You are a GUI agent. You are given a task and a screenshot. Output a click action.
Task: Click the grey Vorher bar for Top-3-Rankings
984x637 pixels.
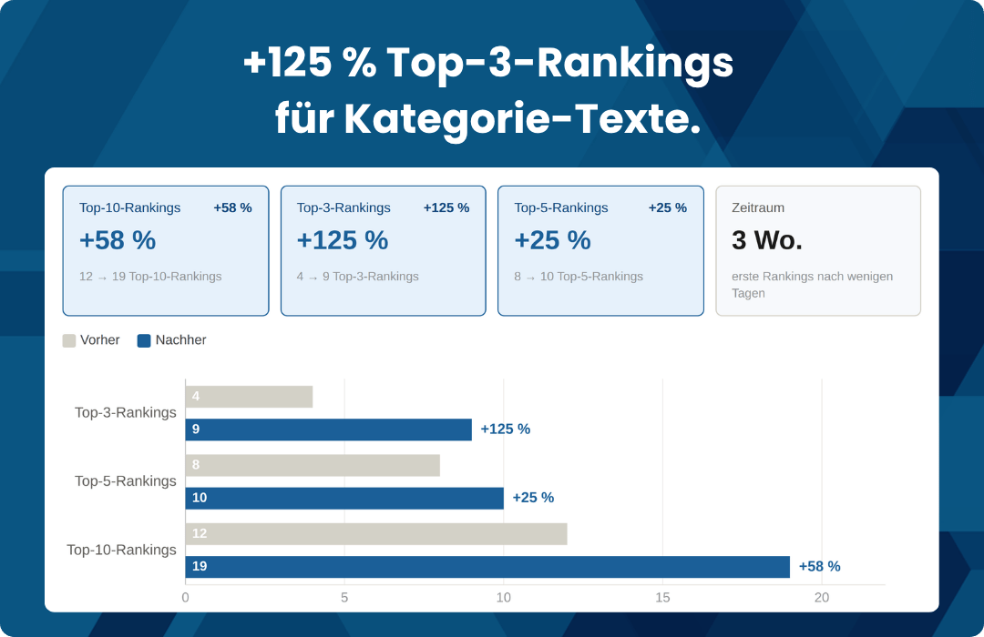tap(249, 397)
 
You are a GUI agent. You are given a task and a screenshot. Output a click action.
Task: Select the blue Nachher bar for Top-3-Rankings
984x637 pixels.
tap(328, 430)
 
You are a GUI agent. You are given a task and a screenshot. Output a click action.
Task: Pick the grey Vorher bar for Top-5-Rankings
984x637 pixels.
tap(313, 465)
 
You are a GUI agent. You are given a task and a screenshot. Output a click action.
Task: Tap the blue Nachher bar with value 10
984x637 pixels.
tap(344, 498)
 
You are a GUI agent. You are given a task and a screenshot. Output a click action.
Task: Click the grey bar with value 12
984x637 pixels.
tap(375, 534)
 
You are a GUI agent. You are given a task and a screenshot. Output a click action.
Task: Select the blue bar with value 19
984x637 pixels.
tap(487, 567)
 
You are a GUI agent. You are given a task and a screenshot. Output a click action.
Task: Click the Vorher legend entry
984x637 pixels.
tap(91, 340)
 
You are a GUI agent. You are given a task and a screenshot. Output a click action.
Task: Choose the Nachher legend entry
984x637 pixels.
tap(171, 340)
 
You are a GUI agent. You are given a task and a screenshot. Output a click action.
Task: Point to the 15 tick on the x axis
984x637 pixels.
tap(662, 598)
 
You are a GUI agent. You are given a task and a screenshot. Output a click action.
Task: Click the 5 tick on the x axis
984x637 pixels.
tap(344, 598)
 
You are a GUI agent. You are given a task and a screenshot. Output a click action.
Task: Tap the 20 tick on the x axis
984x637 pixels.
tap(822, 598)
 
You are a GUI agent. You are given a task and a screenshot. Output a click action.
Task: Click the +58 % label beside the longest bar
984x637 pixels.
tap(819, 567)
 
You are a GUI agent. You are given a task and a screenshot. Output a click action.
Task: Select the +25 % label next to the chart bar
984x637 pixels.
tap(533, 498)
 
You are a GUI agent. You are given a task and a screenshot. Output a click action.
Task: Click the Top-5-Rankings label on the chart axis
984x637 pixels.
tap(126, 481)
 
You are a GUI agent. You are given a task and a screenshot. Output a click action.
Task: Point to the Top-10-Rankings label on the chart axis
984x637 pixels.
tap(122, 551)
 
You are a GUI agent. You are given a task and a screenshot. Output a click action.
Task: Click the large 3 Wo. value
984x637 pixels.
tap(767, 240)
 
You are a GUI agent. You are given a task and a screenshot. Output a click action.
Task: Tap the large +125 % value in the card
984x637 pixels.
tap(343, 240)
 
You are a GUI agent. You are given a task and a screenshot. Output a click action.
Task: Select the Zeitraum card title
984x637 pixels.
tap(758, 207)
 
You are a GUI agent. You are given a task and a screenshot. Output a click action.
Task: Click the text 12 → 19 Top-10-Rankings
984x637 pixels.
tap(150, 277)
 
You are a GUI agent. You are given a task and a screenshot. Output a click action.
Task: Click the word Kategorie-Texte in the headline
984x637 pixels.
tap(522, 119)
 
